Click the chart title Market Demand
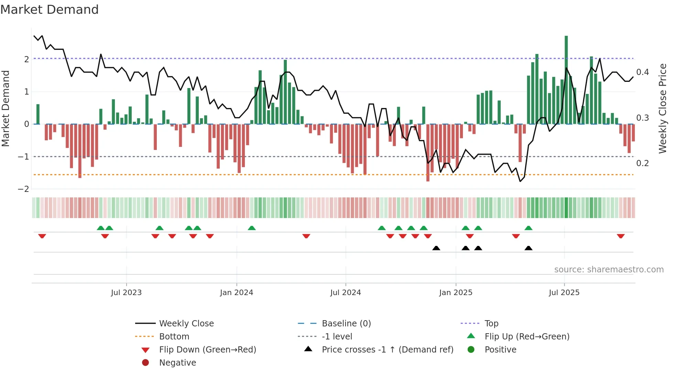(50, 10)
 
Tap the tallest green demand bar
(566, 80)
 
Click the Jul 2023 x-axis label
(126, 293)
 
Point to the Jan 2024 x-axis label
(237, 293)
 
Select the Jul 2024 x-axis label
(346, 293)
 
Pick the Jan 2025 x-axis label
(456, 293)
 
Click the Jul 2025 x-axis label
(564, 293)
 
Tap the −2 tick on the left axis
(24, 189)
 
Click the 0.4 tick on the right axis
(643, 72)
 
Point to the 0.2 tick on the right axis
(643, 163)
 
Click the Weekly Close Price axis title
(663, 108)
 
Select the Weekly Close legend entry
(186, 324)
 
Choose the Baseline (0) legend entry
(346, 324)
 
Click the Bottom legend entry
(174, 337)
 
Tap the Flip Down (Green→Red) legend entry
(207, 350)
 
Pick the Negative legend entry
(177, 363)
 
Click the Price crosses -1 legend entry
(388, 350)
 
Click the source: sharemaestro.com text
(609, 270)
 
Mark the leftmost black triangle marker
(436, 248)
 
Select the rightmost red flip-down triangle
(621, 236)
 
